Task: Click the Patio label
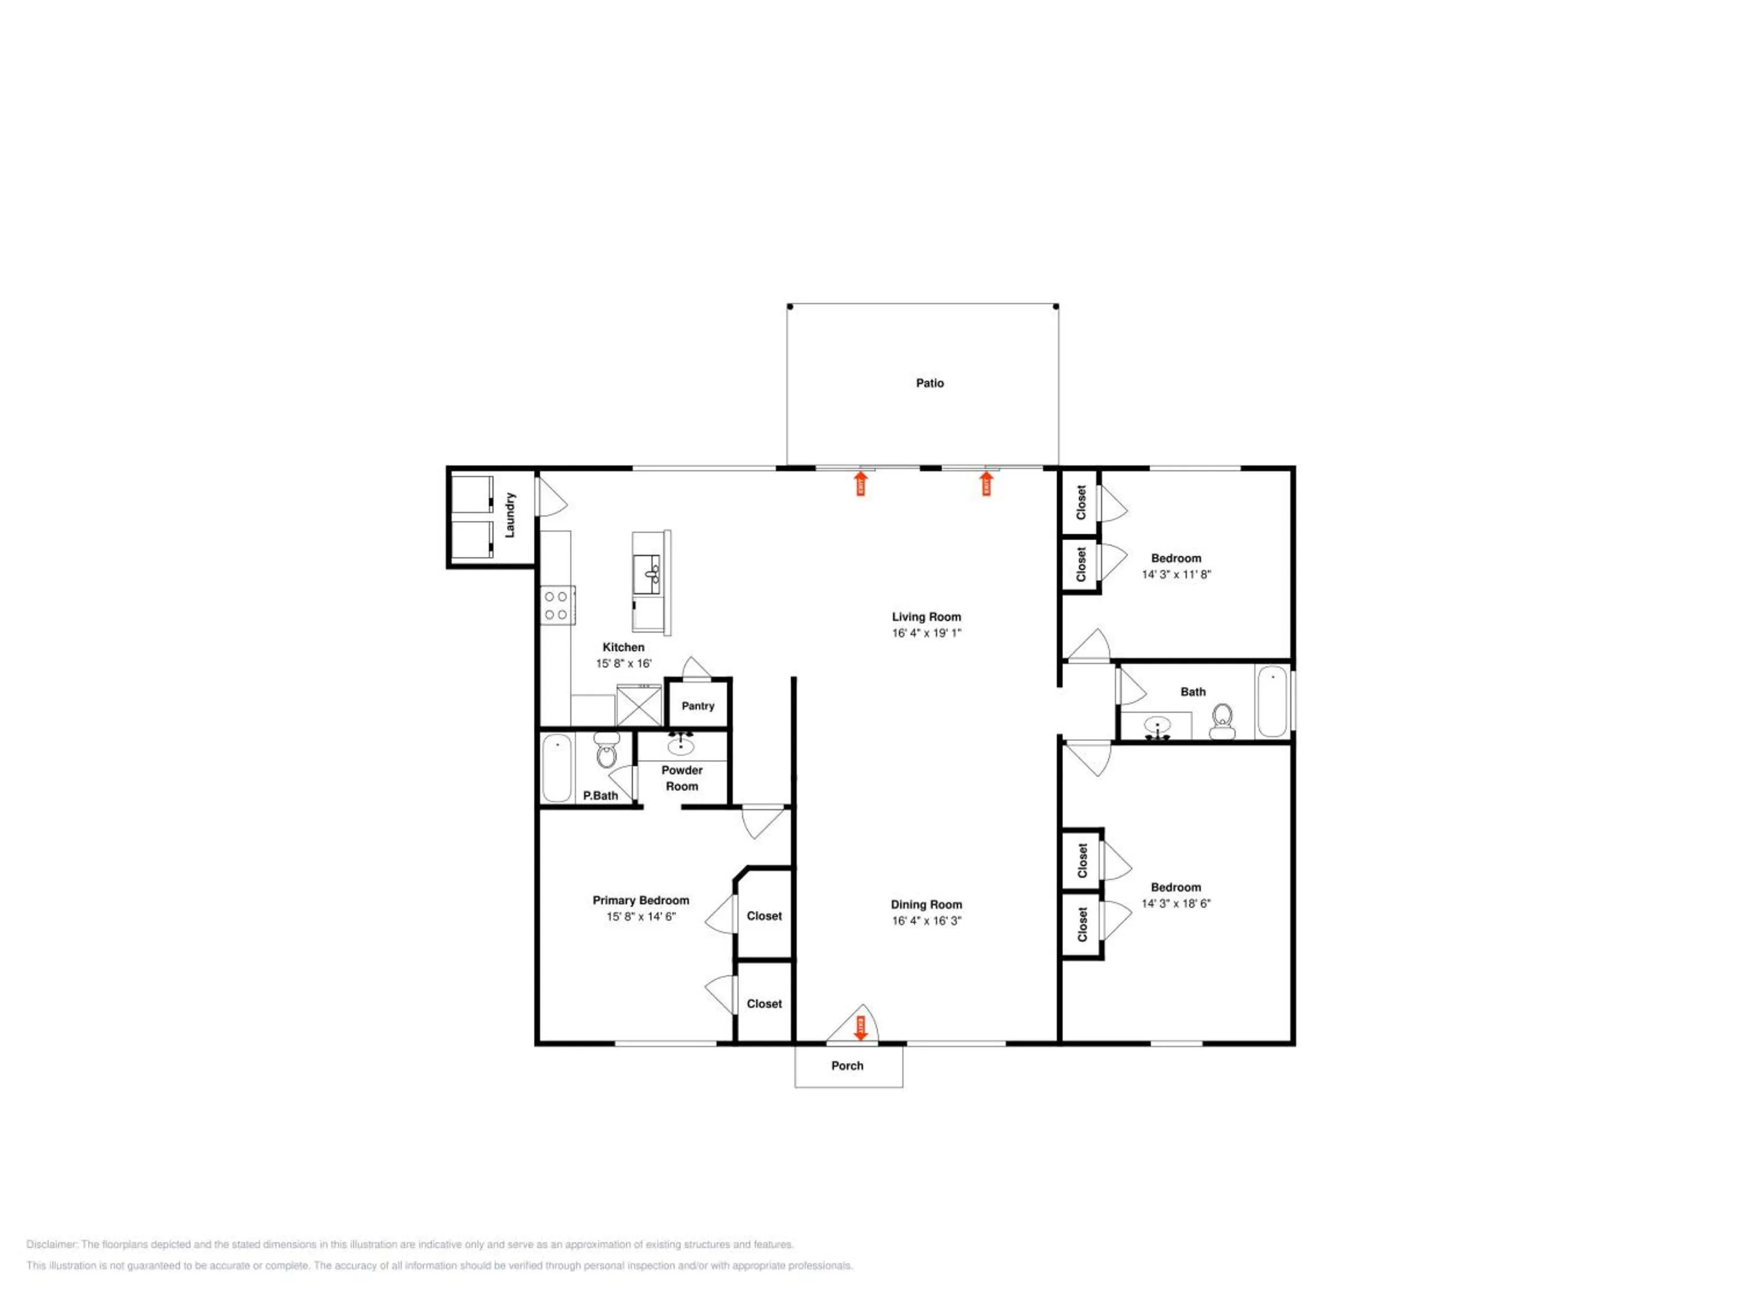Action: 929,383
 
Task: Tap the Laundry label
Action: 509,515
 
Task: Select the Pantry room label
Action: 698,706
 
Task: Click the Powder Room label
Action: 682,778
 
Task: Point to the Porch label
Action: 847,1066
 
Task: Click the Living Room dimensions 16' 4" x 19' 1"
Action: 926,633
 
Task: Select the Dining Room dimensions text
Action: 926,920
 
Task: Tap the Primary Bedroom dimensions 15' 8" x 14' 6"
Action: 641,917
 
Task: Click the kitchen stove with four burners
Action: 556,605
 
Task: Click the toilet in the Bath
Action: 1222,722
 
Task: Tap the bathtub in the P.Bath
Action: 557,767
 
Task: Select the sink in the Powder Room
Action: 681,745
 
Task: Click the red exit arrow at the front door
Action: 861,1027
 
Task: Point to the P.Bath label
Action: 600,796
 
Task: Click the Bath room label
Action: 1192,692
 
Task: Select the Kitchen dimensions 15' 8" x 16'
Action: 624,663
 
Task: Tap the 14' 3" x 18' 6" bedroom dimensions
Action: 1176,904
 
